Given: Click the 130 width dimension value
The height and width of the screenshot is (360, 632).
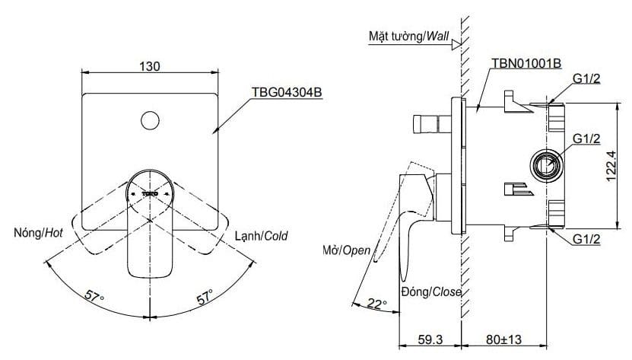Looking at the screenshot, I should coord(150,66).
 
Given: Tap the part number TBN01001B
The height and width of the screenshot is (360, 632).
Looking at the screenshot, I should coord(526,63).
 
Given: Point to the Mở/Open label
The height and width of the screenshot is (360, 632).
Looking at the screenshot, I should coord(348,250).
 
